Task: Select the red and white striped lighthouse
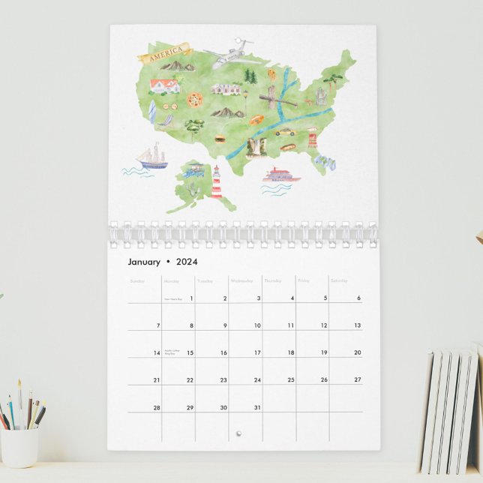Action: (217, 182)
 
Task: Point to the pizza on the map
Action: (195, 99)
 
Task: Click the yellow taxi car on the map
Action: (285, 132)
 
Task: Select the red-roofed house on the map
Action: (164, 85)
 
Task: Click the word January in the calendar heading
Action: (143, 262)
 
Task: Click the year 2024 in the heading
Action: (187, 262)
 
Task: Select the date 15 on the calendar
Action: (190, 352)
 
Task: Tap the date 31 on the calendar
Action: (257, 408)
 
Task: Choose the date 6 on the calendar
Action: (358, 298)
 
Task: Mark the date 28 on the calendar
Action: (157, 408)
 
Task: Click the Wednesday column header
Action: (242, 281)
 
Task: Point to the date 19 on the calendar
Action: (324, 352)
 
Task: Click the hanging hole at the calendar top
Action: (241, 38)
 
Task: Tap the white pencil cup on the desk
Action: (19, 446)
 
